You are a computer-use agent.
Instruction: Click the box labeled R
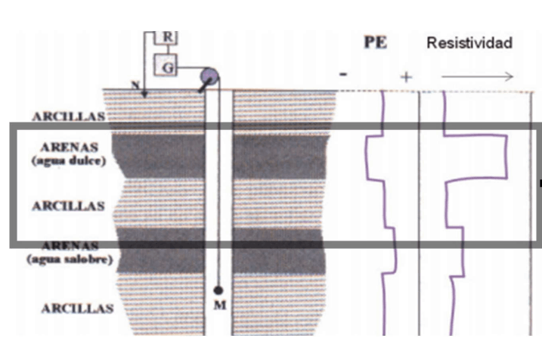click(x=166, y=37)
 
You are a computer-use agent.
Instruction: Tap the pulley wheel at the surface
click(x=209, y=77)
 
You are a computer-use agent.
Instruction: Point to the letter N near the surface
click(x=135, y=85)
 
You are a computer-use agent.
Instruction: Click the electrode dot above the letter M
click(x=218, y=290)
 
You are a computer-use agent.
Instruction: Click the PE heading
click(x=376, y=42)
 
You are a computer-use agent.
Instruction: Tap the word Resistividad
click(x=469, y=42)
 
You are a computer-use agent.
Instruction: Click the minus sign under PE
click(x=344, y=74)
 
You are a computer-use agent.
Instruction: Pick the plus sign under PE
click(x=406, y=76)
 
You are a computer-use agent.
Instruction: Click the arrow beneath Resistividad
click(x=477, y=76)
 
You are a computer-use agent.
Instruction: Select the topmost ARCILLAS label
click(x=69, y=116)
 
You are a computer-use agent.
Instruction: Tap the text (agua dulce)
click(x=69, y=160)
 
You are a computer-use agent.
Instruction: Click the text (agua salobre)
click(x=69, y=260)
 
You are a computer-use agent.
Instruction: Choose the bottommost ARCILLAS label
click(x=77, y=309)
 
